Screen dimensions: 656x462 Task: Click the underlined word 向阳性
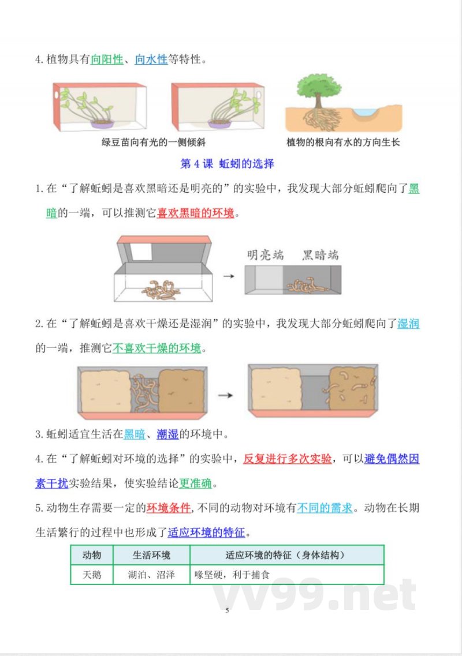(107, 59)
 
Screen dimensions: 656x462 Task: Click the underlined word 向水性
(151, 59)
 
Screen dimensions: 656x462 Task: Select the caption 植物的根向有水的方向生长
(343, 142)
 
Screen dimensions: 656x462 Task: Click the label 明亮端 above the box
(265, 255)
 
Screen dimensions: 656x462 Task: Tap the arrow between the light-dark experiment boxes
(229, 276)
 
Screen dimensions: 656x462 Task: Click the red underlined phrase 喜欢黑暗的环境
(196, 213)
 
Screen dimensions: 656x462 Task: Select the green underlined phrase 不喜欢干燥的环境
(157, 348)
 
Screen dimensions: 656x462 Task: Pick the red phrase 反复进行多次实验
(287, 459)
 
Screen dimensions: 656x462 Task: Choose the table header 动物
(92, 555)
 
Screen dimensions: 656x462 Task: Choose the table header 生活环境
(151, 555)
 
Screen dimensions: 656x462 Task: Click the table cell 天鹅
(92, 575)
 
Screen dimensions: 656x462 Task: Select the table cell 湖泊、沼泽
(151, 575)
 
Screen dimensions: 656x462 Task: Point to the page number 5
(228, 610)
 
